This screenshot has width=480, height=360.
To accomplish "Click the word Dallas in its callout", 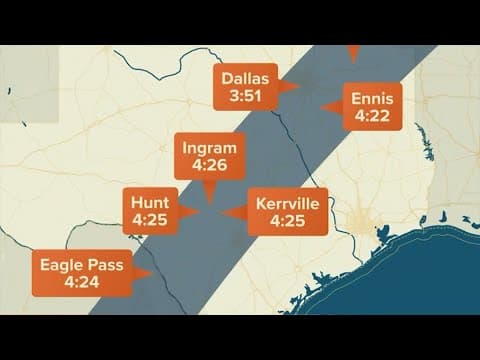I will (245, 78).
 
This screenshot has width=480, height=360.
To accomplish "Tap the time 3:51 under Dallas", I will (245, 96).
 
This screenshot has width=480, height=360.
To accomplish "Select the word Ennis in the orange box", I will (373, 99).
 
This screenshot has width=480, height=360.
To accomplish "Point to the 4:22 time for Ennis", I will (373, 117).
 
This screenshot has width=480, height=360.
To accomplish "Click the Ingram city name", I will (209, 148).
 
